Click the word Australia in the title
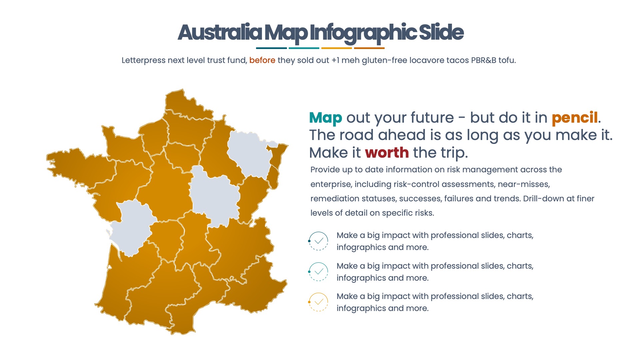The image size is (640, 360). [x=220, y=33]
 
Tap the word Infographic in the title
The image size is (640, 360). [x=363, y=33]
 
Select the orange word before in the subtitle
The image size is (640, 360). [x=262, y=60]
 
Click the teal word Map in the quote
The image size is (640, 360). [x=325, y=118]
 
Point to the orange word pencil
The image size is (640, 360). [x=575, y=118]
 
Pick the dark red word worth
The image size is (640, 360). [x=387, y=153]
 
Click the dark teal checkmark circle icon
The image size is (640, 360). [x=319, y=241]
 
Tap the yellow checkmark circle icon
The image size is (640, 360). [x=319, y=302]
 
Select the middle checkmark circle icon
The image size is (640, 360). [x=319, y=272]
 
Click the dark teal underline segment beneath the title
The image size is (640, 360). [x=271, y=48]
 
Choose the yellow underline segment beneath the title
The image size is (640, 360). [x=337, y=48]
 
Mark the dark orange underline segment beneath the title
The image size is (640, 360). [x=369, y=48]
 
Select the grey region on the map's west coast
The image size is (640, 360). [x=132, y=227]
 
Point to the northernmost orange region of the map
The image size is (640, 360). [x=185, y=103]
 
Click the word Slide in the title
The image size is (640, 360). [x=441, y=33]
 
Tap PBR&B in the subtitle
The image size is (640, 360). [x=483, y=60]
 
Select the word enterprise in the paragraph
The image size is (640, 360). [x=330, y=184]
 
